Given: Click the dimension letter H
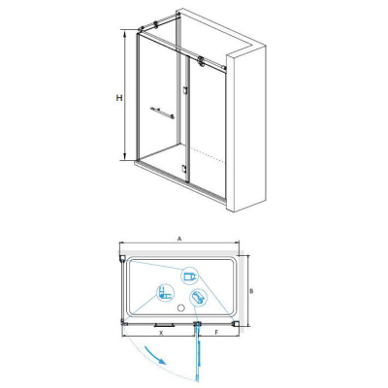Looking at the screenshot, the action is click(x=119, y=97).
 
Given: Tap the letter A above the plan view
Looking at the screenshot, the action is click(x=179, y=239).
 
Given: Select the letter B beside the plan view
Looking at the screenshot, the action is click(x=251, y=291).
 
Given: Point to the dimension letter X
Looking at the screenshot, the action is click(x=161, y=333).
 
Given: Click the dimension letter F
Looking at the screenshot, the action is click(x=217, y=332).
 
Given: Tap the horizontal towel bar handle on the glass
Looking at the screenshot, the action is click(x=162, y=113).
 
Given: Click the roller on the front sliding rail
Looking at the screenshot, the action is click(x=202, y=61).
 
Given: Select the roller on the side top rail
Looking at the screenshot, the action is click(x=156, y=24).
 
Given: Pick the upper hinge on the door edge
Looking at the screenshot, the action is click(x=185, y=90).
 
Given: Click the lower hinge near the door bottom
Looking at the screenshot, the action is click(x=184, y=169).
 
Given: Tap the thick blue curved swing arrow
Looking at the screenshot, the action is click(x=155, y=355).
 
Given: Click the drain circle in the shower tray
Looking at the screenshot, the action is click(x=181, y=307).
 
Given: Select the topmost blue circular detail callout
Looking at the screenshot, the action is click(x=189, y=275).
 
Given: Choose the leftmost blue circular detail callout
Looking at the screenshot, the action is click(x=166, y=293).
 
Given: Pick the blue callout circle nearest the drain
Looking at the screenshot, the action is click(x=198, y=297).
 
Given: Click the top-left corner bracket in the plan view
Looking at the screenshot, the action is click(x=122, y=258).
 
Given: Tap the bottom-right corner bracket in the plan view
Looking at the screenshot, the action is click(x=236, y=323).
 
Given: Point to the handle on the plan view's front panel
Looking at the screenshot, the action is click(x=164, y=325).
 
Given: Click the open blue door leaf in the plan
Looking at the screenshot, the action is click(x=198, y=352).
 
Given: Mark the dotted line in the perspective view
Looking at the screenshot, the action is click(x=207, y=155).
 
